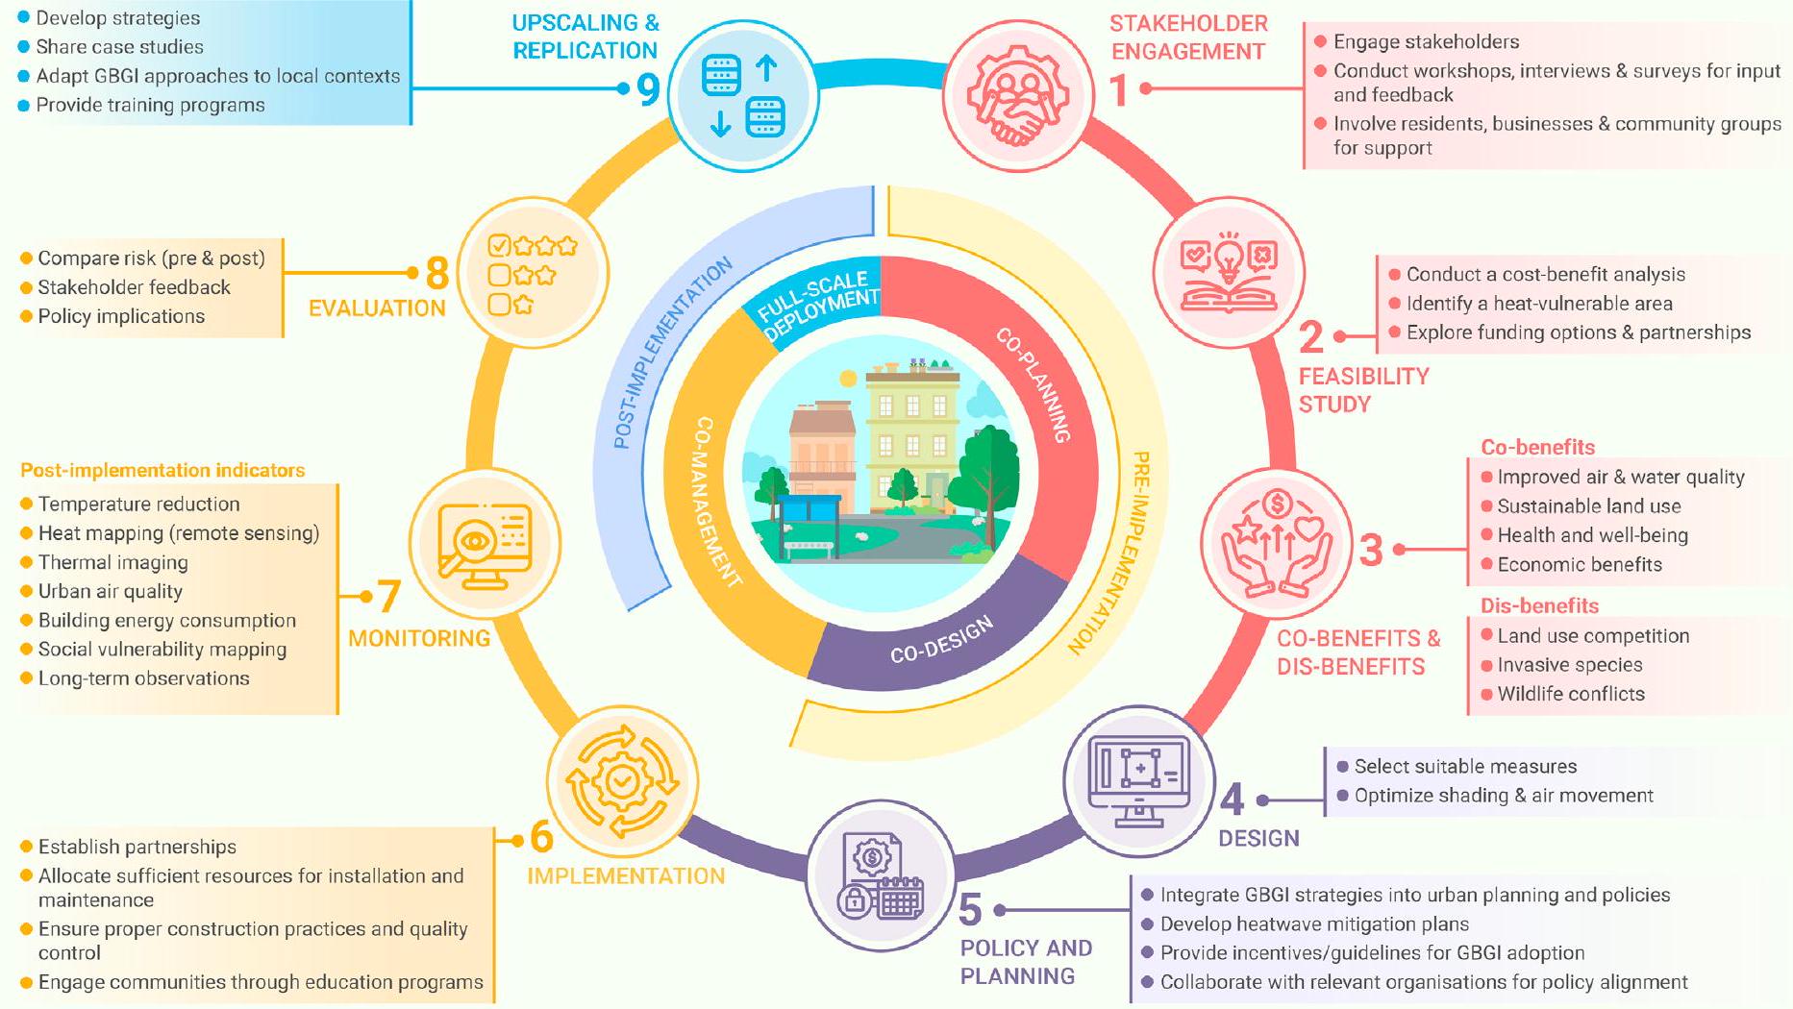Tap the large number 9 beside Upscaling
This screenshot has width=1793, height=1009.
[649, 89]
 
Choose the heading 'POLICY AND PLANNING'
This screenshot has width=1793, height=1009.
[1026, 961]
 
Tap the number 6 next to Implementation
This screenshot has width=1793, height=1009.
[541, 837]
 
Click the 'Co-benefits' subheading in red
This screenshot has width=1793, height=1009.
[1537, 447]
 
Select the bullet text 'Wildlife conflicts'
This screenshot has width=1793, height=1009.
[1570, 694]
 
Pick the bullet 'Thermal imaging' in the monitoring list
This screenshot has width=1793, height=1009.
[112, 562]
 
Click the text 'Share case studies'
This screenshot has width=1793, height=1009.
[119, 46]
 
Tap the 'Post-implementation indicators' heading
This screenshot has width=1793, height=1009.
[162, 470]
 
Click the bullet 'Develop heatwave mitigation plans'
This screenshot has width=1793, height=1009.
[1314, 924]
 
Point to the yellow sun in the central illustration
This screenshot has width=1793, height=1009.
[847, 379]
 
